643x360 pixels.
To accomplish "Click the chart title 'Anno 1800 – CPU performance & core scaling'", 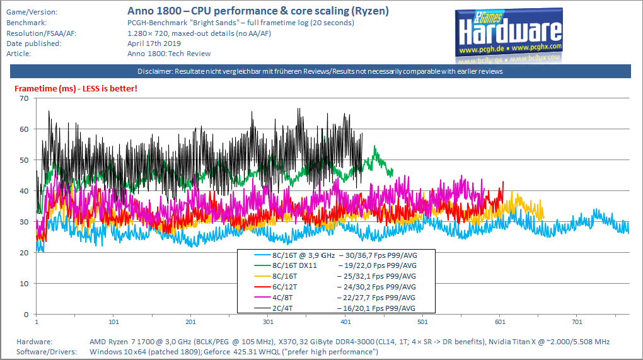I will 258,11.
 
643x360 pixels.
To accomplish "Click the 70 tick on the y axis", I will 25,98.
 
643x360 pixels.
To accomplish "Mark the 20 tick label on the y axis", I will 25,253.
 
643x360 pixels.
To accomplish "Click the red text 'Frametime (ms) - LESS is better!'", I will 76,88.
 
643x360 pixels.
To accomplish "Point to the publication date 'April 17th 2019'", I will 154,44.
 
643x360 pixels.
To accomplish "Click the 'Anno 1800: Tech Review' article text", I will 169,54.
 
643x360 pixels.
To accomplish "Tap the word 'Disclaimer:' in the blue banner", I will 155,71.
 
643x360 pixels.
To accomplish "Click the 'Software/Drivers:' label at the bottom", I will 45,352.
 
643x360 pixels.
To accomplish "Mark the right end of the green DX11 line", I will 392,171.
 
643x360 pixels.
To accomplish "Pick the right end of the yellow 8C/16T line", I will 543,218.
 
